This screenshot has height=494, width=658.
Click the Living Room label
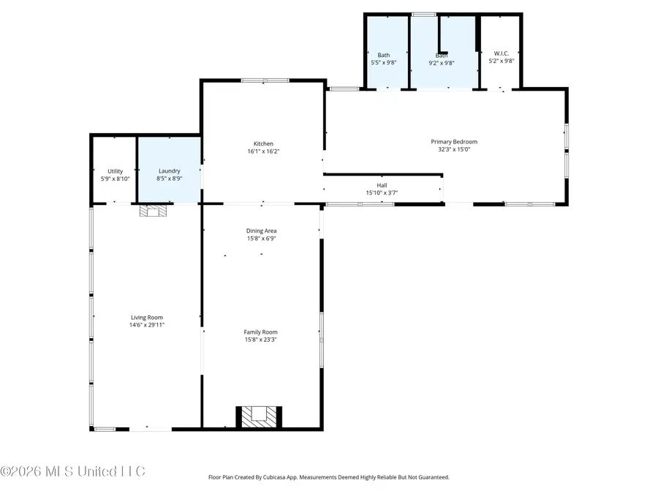pos(147,317)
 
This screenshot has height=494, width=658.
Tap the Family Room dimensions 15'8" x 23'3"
pos(261,339)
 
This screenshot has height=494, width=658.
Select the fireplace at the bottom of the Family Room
pos(259,416)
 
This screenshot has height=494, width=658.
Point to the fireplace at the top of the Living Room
pos(153,211)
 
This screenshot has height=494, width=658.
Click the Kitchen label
pos(263,143)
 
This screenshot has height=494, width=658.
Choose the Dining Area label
pos(261,231)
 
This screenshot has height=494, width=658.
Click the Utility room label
pos(115,171)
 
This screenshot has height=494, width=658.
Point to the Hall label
pos(382,185)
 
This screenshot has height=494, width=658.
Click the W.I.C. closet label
pos(501,53)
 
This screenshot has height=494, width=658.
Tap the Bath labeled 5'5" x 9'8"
pos(384,59)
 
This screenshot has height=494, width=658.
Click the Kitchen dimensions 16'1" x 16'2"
pos(263,151)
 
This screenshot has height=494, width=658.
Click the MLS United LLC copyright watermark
pos(73,471)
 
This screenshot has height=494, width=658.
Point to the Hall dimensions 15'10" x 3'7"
pos(382,192)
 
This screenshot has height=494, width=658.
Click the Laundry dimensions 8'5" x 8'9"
pos(169,178)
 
